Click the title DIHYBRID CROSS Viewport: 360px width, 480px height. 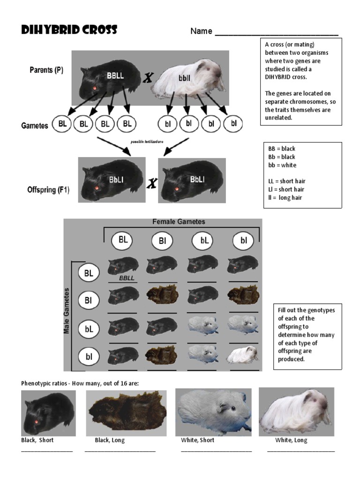point(69,31)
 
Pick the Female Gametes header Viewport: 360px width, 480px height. point(179,222)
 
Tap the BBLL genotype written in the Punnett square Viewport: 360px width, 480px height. point(127,278)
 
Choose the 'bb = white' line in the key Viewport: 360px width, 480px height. point(282,165)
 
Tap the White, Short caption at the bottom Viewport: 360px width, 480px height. point(198,441)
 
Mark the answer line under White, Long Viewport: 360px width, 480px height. point(301,451)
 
